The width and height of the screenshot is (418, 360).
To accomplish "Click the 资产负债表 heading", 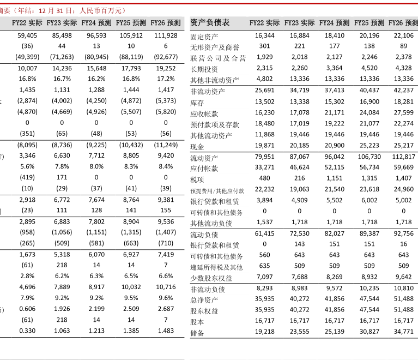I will [x=210, y=23].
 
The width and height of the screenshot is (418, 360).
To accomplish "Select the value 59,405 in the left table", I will [x=27, y=35].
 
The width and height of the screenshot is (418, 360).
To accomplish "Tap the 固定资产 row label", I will [x=204, y=37].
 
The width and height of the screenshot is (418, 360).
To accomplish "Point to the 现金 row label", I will [x=197, y=147].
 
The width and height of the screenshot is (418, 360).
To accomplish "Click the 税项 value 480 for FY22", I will [x=264, y=178].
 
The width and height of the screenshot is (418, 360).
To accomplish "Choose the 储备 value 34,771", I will [x=403, y=332].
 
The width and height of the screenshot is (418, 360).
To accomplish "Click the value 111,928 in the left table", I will [x=166, y=35].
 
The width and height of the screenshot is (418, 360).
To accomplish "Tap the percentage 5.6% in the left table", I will [x=27, y=166].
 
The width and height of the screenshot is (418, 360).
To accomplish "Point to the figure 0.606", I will [x=27, y=309].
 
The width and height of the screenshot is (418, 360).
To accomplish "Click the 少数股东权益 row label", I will [x=211, y=278].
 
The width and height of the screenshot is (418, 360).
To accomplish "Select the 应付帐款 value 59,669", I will [x=403, y=167].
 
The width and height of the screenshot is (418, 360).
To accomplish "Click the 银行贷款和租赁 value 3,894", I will [x=264, y=200].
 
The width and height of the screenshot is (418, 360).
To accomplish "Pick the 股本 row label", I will [x=197, y=322].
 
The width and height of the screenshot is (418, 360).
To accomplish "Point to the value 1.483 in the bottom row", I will [x=166, y=331].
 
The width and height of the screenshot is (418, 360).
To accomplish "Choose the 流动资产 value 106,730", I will [x=369, y=157].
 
